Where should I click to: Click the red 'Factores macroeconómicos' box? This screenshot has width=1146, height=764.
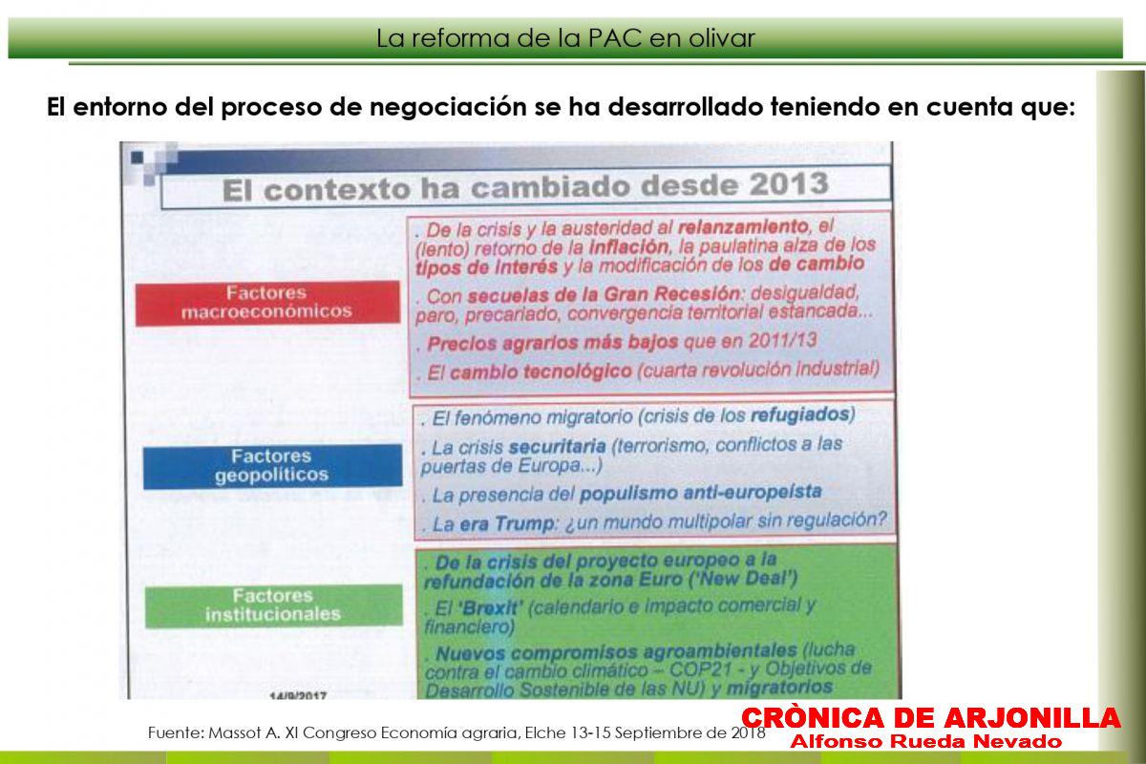(267, 303)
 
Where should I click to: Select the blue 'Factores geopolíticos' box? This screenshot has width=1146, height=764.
(272, 466)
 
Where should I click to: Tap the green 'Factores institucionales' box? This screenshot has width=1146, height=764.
(274, 605)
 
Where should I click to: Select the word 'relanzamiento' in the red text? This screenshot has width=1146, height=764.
(743, 226)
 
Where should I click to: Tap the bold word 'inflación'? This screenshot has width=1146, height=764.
(628, 247)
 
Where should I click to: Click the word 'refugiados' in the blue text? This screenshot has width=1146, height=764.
(800, 414)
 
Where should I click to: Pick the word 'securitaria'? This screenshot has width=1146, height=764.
(558, 447)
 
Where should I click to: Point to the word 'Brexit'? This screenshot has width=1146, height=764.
(492, 608)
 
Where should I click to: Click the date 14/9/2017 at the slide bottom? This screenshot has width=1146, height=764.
(298, 695)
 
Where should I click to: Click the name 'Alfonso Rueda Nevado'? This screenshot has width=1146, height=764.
(926, 741)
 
